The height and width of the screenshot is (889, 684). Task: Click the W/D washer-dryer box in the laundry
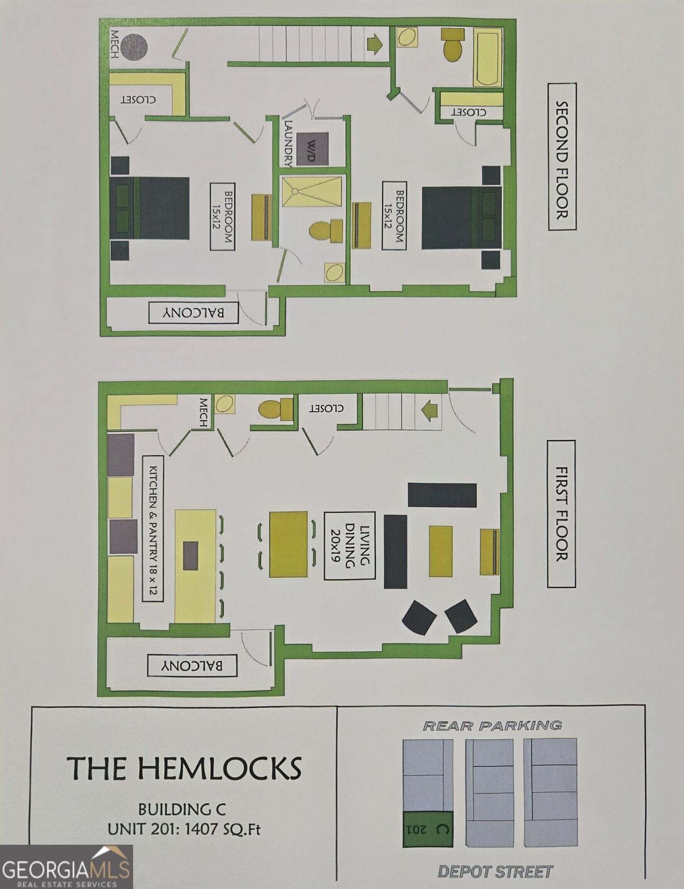click(x=313, y=149)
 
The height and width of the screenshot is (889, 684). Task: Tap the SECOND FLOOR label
click(x=562, y=157)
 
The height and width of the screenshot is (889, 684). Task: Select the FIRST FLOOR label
click(x=562, y=514)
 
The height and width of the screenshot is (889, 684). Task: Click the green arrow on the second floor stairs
click(x=374, y=45)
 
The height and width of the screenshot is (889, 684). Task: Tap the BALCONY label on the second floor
click(x=193, y=313)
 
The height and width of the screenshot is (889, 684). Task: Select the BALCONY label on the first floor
click(x=192, y=666)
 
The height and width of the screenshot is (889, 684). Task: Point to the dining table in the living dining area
click(x=289, y=544)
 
